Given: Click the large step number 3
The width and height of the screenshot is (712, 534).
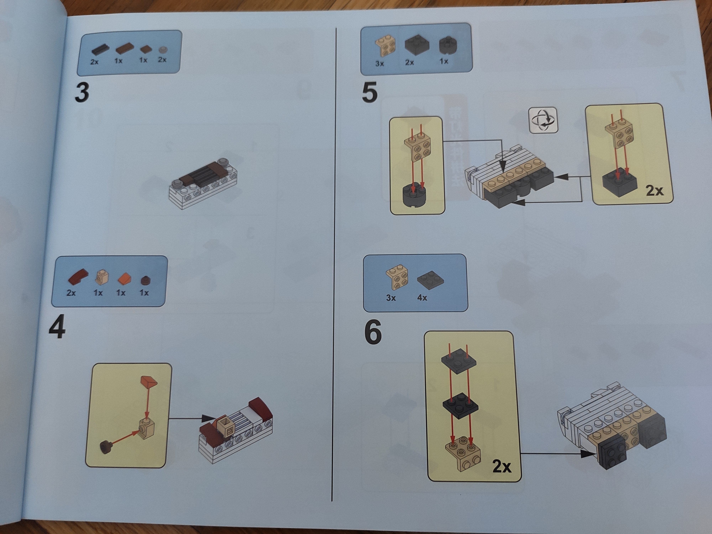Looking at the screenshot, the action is (x=82, y=92).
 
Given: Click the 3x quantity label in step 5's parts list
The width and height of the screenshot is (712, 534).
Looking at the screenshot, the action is (x=380, y=63).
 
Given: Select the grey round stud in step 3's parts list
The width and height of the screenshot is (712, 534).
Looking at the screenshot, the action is (x=164, y=50).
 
